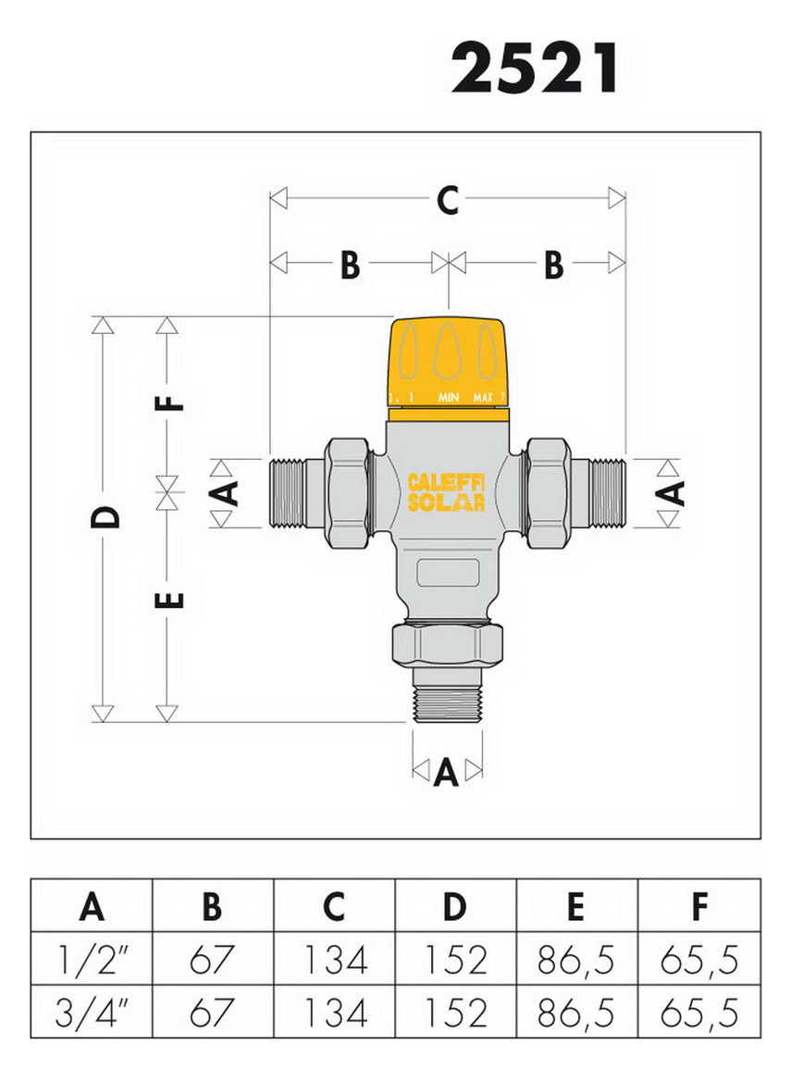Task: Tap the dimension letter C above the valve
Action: (448, 200)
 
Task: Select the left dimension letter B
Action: (349, 265)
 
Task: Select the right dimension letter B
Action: (552, 265)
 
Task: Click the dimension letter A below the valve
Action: (447, 771)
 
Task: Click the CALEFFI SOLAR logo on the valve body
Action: (447, 492)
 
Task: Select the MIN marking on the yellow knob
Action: (450, 397)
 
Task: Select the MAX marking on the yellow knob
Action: (483, 397)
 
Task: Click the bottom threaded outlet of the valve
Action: (448, 703)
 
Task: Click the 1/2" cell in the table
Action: (91, 961)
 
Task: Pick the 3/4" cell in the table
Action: (91, 1013)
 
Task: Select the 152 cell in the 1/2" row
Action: (454, 961)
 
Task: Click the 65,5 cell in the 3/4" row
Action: (699, 1013)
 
